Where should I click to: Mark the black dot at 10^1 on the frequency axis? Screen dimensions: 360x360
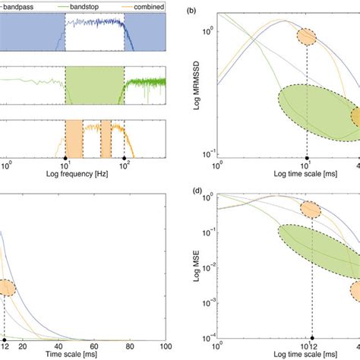65,156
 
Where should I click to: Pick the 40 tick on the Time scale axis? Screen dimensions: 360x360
48,347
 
